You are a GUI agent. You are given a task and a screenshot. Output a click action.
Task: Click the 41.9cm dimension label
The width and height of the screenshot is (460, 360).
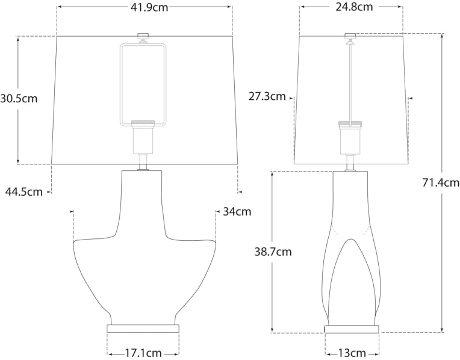[144, 7]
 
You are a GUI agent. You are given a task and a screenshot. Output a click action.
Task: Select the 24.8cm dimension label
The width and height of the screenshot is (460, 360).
[352, 7]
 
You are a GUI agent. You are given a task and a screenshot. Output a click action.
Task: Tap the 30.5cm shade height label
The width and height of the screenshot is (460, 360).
[19, 99]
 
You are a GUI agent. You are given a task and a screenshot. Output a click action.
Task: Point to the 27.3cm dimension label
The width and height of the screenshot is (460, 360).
[267, 96]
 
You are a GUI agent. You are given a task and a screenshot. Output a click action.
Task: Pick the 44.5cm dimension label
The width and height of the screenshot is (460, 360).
[24, 192]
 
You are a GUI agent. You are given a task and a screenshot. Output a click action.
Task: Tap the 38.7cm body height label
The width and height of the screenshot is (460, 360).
[273, 252]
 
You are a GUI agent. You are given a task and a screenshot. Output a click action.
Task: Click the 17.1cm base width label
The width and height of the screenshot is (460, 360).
[143, 353]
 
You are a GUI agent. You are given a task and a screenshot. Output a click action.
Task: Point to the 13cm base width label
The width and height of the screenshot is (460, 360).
[352, 353]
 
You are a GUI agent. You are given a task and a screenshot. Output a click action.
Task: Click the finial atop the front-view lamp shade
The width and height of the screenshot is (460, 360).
[143, 36]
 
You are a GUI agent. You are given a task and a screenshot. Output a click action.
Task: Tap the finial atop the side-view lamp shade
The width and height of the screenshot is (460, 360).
[350, 36]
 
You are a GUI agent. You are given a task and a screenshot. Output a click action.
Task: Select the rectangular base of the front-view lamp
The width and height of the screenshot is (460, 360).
[143, 329]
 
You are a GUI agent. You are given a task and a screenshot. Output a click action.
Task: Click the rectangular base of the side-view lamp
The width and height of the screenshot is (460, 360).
[352, 329]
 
